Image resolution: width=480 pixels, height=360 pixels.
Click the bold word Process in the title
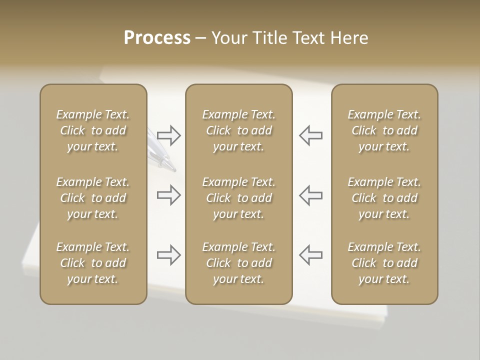click(x=157, y=38)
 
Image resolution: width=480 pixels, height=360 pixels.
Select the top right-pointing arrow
click(x=168, y=135)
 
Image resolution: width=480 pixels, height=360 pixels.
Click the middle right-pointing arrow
click(x=168, y=195)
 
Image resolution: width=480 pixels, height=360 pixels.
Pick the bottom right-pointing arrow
click(x=168, y=255)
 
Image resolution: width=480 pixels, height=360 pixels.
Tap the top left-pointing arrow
click(x=311, y=135)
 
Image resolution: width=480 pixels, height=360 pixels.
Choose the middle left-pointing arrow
click(x=311, y=195)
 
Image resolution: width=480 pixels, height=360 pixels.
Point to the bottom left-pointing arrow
click(x=311, y=255)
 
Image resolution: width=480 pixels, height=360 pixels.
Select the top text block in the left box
click(x=93, y=130)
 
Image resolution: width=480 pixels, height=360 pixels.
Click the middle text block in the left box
click(x=93, y=198)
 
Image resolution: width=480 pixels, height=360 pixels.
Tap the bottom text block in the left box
click(x=93, y=263)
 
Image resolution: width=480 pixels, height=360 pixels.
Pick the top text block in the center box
click(x=238, y=130)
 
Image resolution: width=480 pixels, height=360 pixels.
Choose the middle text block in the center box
click(x=238, y=198)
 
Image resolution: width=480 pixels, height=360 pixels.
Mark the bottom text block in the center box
click(x=238, y=263)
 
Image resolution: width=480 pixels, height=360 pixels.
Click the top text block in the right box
click(x=384, y=130)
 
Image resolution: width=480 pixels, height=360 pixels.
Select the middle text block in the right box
click(x=384, y=198)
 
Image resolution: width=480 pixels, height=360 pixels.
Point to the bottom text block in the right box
click(x=384, y=263)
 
